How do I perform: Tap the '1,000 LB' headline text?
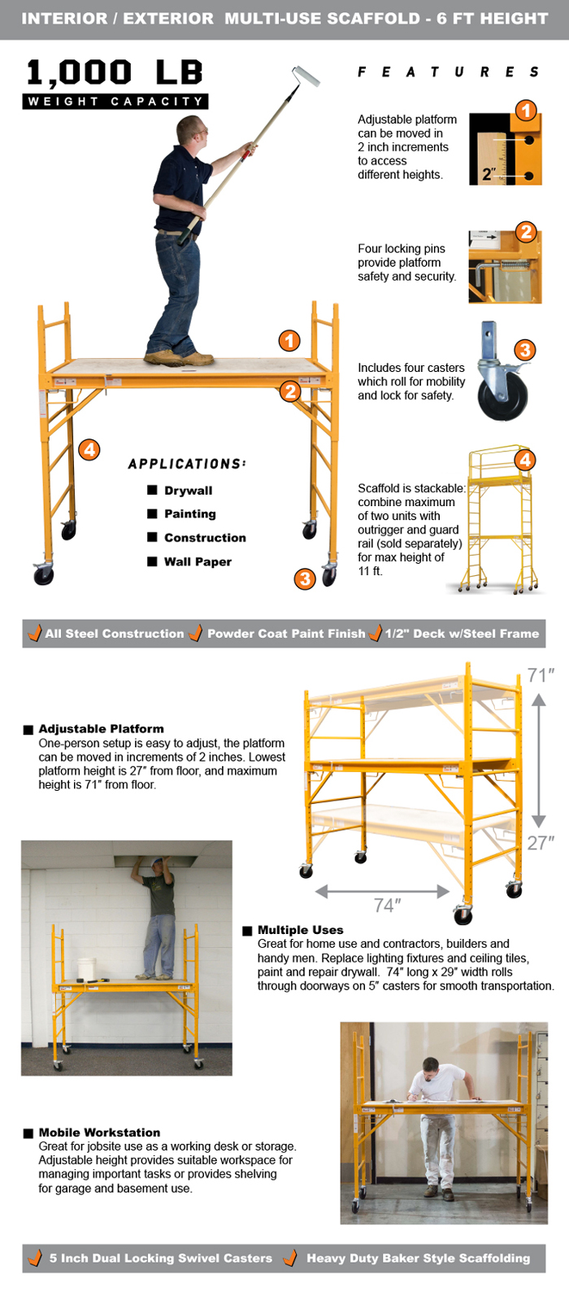coord(115,73)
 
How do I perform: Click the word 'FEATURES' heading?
coord(448,72)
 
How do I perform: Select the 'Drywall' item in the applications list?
coord(188,491)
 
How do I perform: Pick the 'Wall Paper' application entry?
coord(198,562)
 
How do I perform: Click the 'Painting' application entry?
coord(189,514)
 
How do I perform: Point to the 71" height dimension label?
coord(541,675)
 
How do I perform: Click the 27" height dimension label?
coord(541,843)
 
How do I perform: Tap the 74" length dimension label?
coord(388,906)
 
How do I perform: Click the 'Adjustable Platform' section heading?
coord(101,729)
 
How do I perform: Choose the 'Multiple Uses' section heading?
coord(300,930)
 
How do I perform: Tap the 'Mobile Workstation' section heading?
coord(99,1133)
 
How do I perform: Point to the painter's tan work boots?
coord(179,356)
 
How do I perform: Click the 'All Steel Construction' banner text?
coord(115,634)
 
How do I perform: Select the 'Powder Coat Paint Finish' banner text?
coord(286,634)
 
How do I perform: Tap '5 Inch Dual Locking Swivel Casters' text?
coord(160,1259)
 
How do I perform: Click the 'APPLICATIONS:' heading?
coord(187,464)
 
